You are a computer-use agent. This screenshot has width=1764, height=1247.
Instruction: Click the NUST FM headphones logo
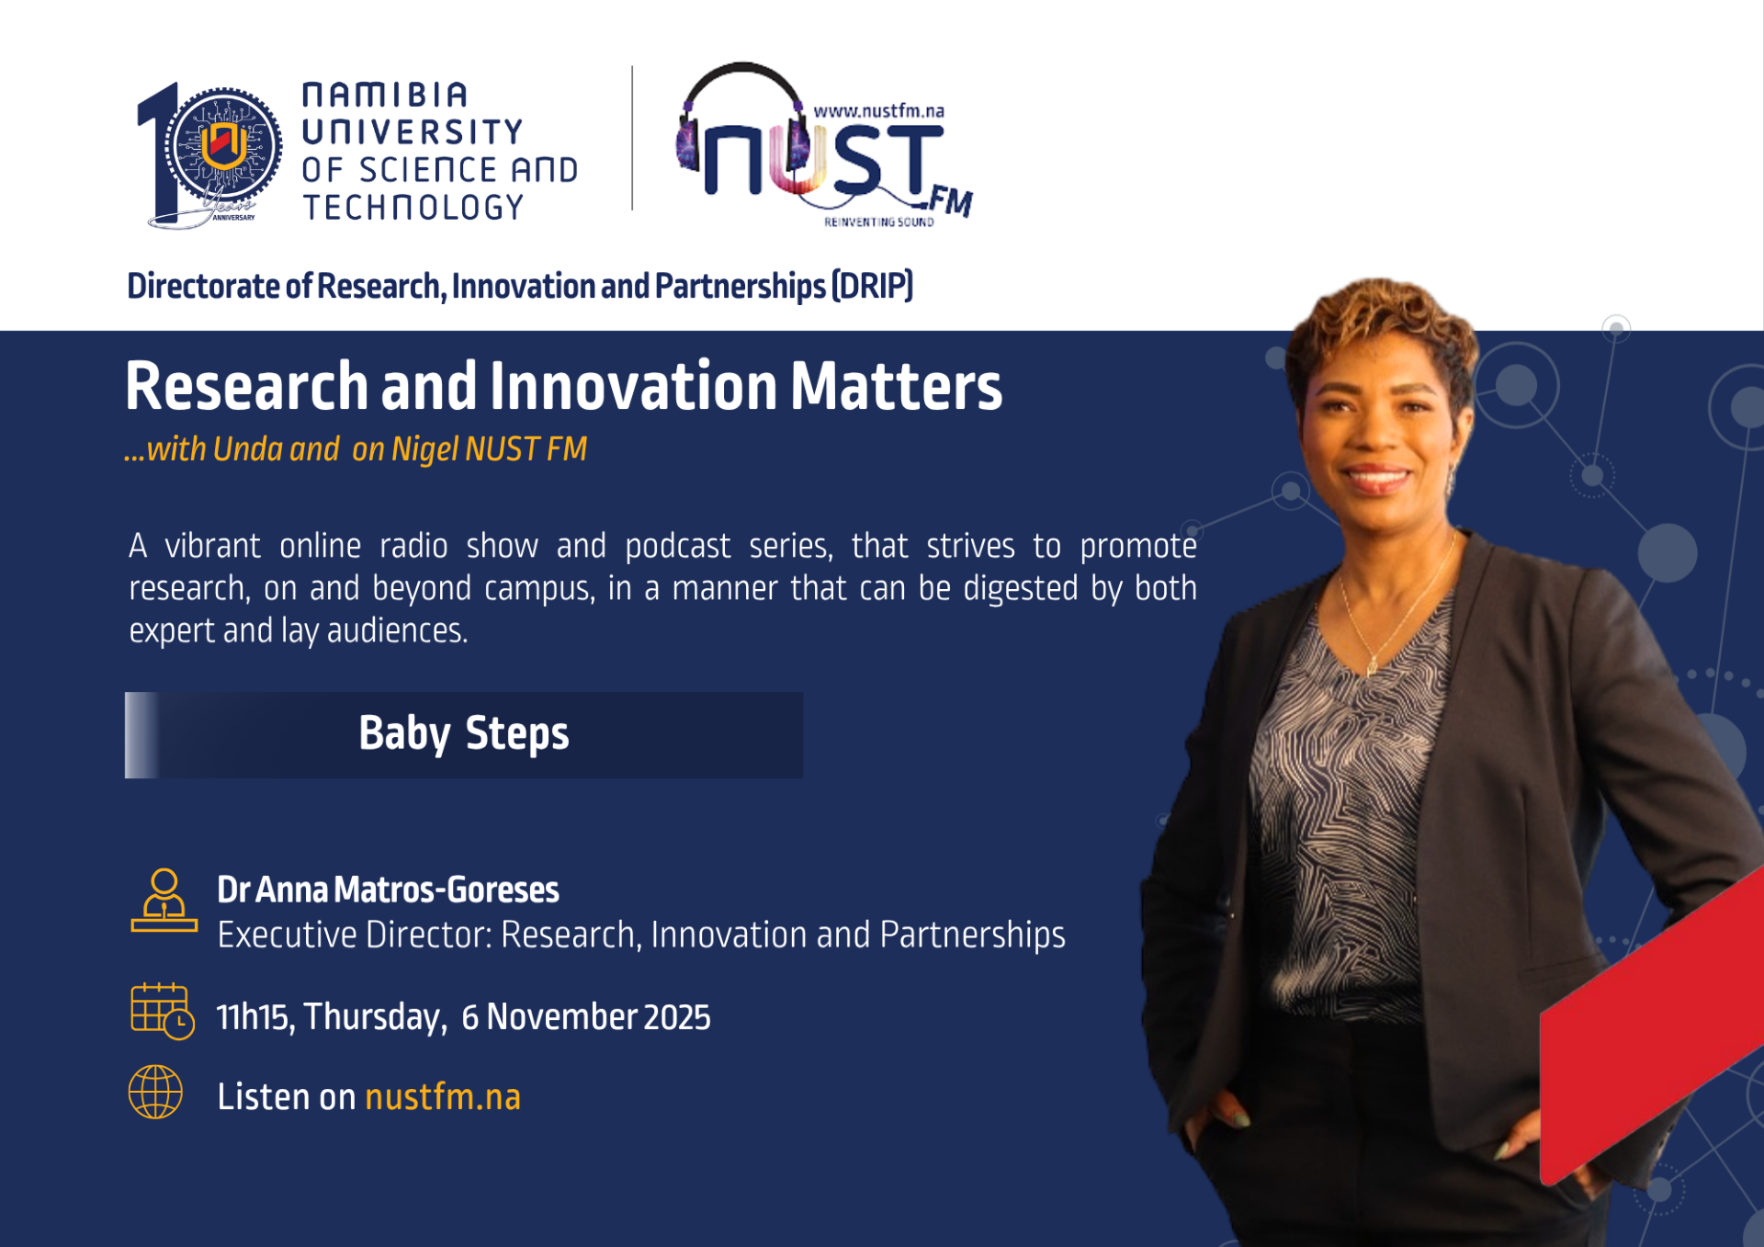click(824, 145)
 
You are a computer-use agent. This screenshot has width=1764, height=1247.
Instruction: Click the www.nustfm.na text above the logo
click(879, 111)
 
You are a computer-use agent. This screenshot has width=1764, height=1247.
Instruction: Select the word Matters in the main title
click(896, 386)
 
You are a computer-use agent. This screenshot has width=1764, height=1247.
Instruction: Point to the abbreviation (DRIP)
click(872, 286)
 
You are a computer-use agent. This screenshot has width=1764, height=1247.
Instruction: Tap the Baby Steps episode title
click(464, 733)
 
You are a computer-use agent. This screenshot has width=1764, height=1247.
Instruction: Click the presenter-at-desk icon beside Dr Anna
click(164, 901)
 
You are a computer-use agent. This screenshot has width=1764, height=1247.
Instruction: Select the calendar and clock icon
click(163, 1011)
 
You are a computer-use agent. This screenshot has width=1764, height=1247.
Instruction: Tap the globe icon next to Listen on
click(155, 1092)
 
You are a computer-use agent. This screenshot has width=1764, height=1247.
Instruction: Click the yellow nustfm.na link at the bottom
click(443, 1096)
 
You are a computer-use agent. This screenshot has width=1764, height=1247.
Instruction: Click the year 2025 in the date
click(677, 1017)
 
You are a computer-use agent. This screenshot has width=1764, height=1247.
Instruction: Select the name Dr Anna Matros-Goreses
click(388, 890)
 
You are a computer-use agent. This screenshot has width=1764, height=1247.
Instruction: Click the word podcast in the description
click(677, 547)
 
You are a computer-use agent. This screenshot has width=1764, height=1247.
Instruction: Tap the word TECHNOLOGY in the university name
click(413, 208)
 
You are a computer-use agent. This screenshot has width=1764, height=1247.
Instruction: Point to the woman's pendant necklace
click(1372, 663)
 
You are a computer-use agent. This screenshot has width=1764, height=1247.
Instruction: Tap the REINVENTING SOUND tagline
click(879, 222)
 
